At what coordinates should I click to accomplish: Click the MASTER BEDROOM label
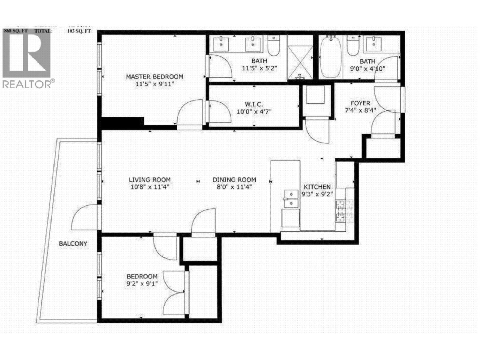click(154, 76)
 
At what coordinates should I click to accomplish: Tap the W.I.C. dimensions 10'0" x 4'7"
click(254, 112)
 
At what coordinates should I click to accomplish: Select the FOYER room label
click(360, 103)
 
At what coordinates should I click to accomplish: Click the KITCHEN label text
click(317, 187)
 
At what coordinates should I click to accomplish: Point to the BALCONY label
click(73, 244)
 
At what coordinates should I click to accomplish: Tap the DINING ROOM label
click(234, 180)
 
